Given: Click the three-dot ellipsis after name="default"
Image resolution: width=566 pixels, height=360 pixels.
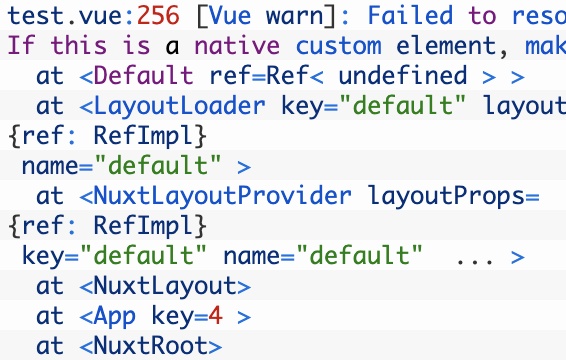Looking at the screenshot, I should click(x=476, y=257).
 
